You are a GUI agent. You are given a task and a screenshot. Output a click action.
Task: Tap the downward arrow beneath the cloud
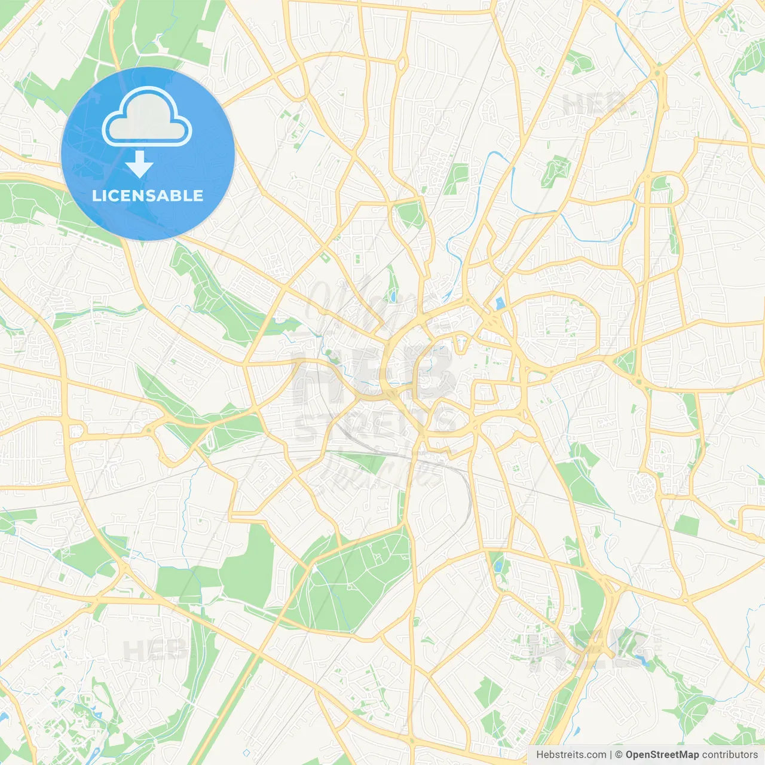[140, 164]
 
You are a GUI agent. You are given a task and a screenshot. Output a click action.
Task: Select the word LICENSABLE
[148, 195]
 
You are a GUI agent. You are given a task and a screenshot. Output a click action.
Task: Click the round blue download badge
[148, 154]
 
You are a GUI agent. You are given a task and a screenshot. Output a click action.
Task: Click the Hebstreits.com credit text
[571, 755]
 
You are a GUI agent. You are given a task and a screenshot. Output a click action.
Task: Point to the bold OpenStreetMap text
[662, 755]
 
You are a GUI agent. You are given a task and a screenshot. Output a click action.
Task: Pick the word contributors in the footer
[730, 755]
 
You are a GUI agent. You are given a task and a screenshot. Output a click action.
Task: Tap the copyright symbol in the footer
[619, 755]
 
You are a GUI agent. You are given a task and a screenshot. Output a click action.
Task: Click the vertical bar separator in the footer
[611, 755]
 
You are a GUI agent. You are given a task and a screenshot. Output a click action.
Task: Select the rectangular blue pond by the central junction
[500, 304]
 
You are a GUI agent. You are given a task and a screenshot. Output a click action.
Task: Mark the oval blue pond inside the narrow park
[393, 295]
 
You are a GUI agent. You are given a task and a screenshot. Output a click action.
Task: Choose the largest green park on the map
[353, 580]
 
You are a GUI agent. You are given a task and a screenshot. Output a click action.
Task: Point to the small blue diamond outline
[246, 752]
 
